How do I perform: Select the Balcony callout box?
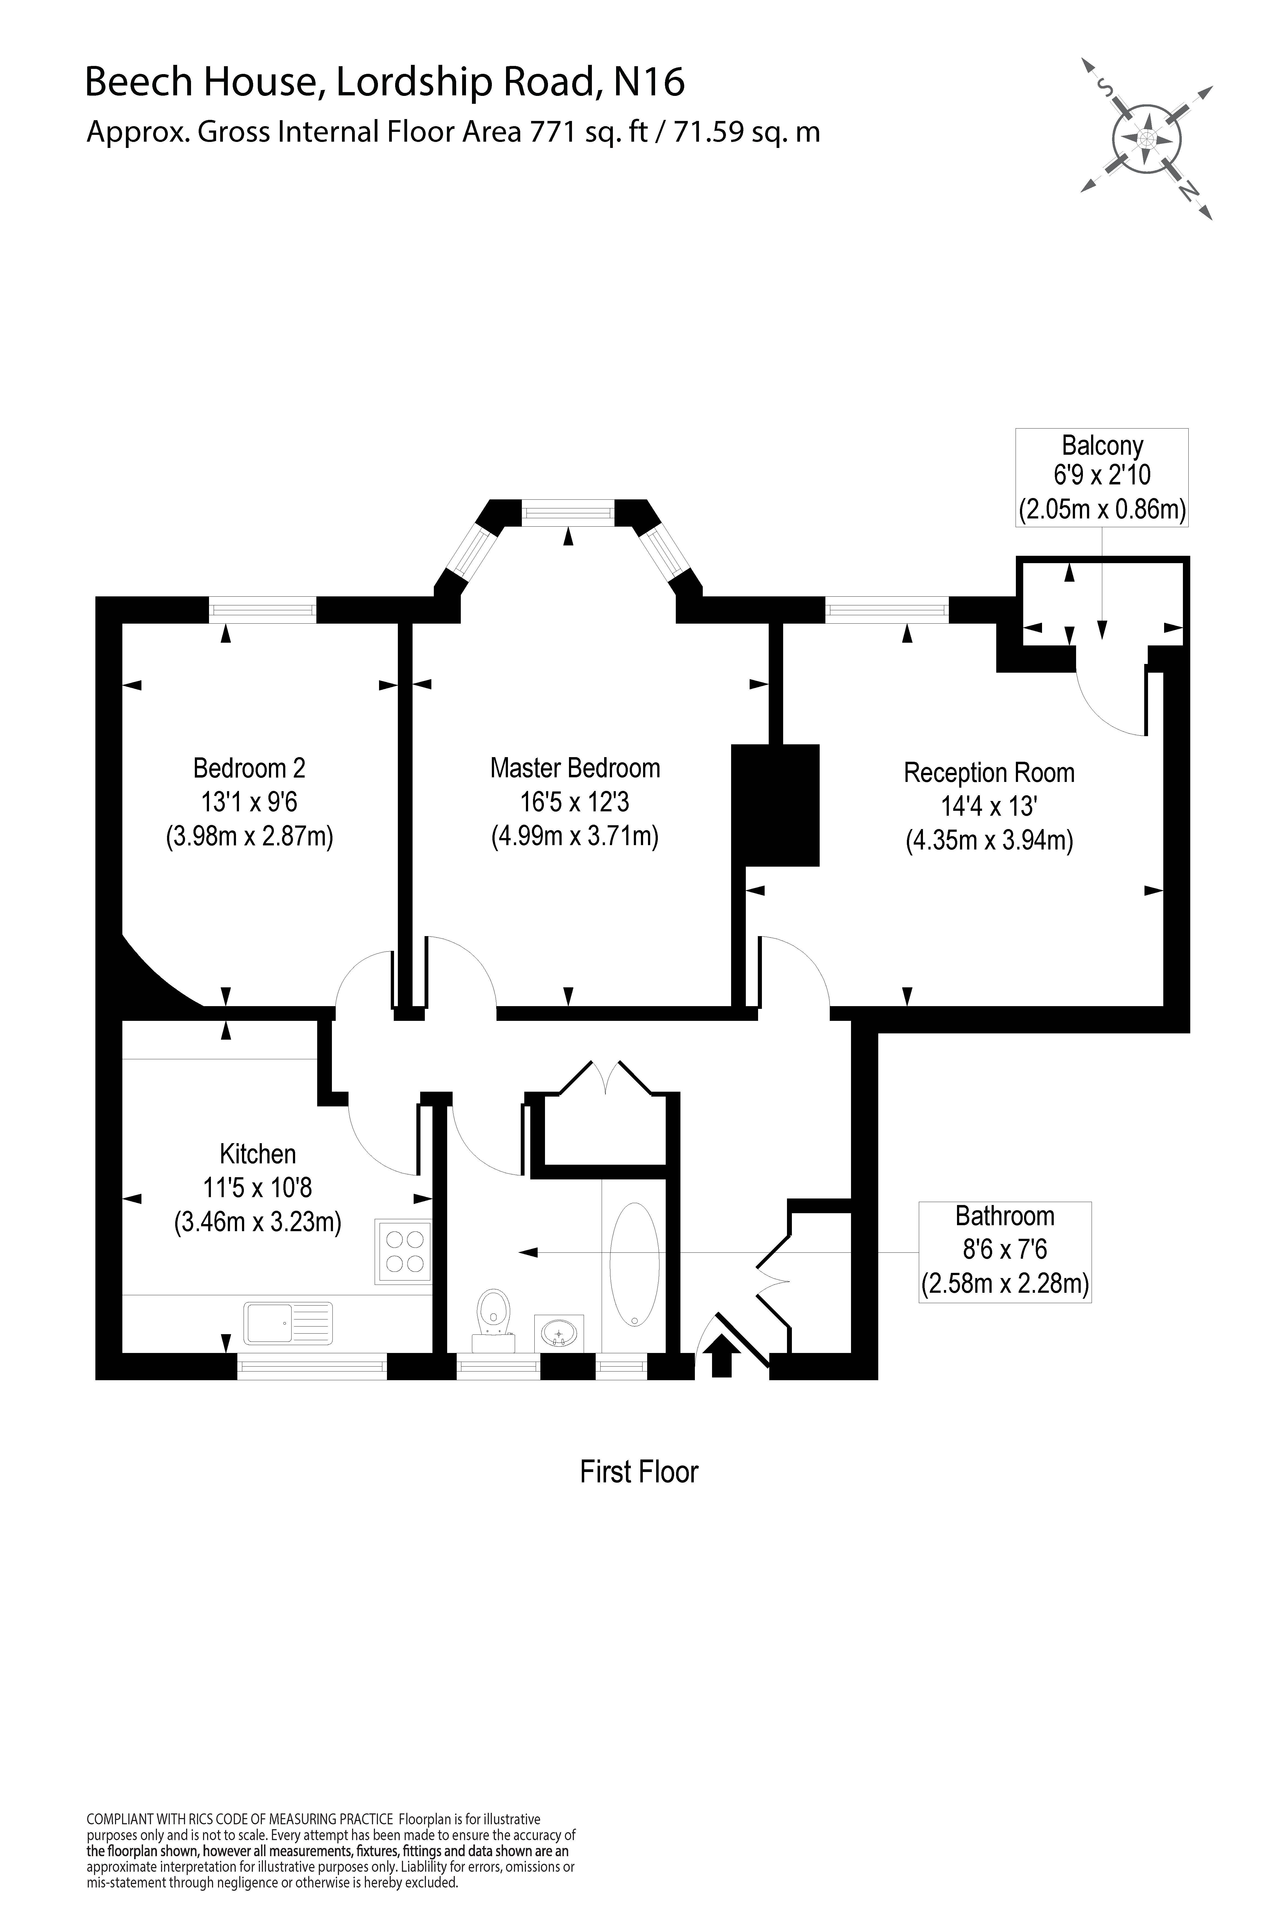point(1101,477)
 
